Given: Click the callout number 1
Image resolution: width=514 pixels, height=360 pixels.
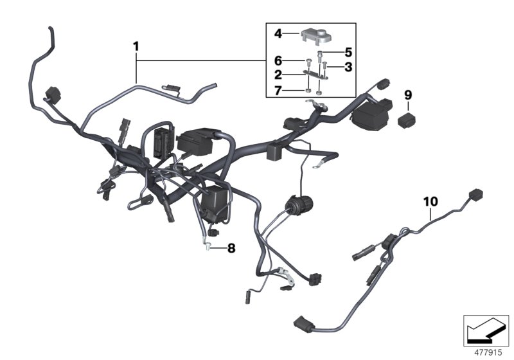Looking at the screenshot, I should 136,46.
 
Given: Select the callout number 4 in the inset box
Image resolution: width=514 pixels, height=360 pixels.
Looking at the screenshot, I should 278,33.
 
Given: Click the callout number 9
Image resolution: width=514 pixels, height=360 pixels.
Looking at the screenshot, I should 407,95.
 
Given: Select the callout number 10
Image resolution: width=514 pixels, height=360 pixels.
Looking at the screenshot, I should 430,201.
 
